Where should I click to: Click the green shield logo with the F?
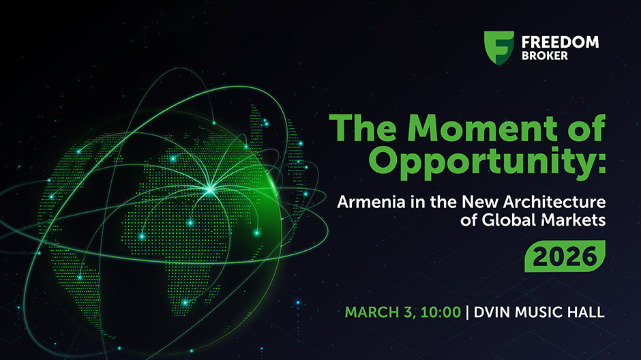(x=498, y=48)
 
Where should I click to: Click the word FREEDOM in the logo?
(x=560, y=42)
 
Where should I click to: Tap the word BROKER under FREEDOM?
(x=545, y=56)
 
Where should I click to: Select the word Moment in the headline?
(x=482, y=128)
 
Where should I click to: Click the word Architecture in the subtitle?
(x=554, y=202)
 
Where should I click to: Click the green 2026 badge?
(x=565, y=256)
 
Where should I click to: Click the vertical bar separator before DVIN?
(x=467, y=312)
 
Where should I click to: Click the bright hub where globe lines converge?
(x=210, y=190)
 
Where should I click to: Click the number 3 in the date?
(x=408, y=312)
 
